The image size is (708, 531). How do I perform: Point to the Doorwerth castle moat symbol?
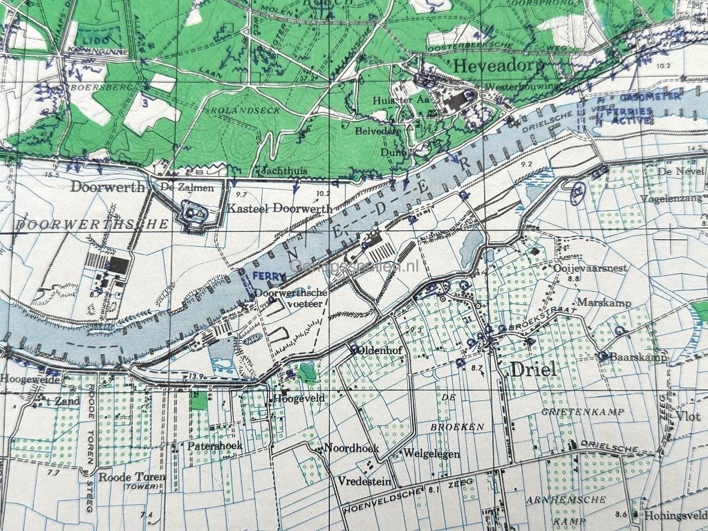(191, 214)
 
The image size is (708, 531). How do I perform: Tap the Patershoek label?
(215, 446)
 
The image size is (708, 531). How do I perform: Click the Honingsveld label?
(676, 515)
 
